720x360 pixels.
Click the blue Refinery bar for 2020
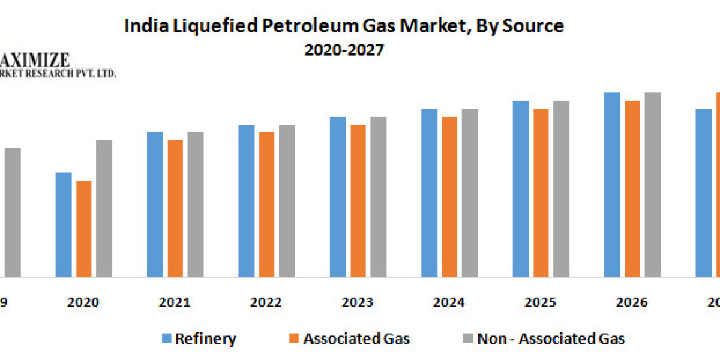pos(64,225)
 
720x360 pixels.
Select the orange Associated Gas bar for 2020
pos(84,229)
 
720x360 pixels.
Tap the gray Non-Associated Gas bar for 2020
pos(104,208)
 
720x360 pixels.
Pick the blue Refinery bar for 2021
pos(155,204)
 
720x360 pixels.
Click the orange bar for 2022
pos(267,204)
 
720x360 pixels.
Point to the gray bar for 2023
pos(378,197)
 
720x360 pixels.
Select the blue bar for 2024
pos(429,193)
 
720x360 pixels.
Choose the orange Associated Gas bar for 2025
pos(541,193)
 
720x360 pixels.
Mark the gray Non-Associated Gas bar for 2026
pos(652,185)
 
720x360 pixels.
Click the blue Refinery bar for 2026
pos(612,185)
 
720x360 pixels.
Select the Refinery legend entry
pos(206,339)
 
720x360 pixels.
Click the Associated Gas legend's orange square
pos(294,339)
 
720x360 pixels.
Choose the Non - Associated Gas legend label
pos(551,339)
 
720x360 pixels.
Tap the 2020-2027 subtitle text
pos(344,50)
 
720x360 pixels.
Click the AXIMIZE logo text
pos(35,60)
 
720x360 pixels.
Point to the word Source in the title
pos(533,26)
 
